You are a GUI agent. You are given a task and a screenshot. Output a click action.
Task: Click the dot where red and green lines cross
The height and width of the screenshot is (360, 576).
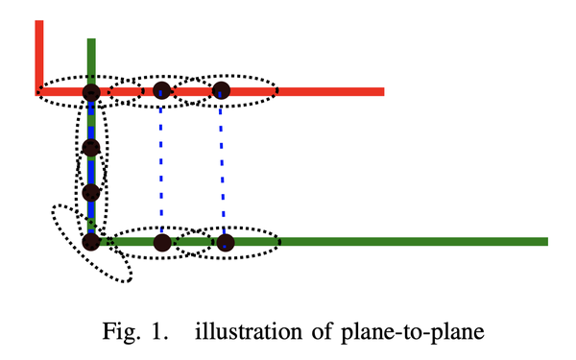coord(91,92)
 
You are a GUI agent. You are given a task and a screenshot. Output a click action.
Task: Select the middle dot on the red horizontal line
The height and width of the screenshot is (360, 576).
coord(161,91)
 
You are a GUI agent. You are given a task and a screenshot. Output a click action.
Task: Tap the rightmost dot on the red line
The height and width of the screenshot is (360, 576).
coord(222,91)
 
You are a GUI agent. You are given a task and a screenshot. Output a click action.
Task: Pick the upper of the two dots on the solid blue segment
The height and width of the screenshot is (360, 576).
coord(91,147)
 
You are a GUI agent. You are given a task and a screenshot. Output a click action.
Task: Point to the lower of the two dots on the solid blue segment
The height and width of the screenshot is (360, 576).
coord(91,191)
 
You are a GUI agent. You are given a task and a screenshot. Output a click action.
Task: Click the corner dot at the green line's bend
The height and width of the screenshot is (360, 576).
coord(91,241)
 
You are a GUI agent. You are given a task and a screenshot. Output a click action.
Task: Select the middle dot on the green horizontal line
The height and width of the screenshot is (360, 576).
coord(161,241)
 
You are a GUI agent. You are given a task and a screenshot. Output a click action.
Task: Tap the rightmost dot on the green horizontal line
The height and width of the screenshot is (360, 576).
coord(225,241)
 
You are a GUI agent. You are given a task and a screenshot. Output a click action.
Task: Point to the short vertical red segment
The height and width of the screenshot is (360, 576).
coord(39,53)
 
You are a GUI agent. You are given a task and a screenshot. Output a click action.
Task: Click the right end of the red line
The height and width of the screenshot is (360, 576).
coord(381,92)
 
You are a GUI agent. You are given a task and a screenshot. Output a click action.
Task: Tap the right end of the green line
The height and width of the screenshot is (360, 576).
coord(544,241)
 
